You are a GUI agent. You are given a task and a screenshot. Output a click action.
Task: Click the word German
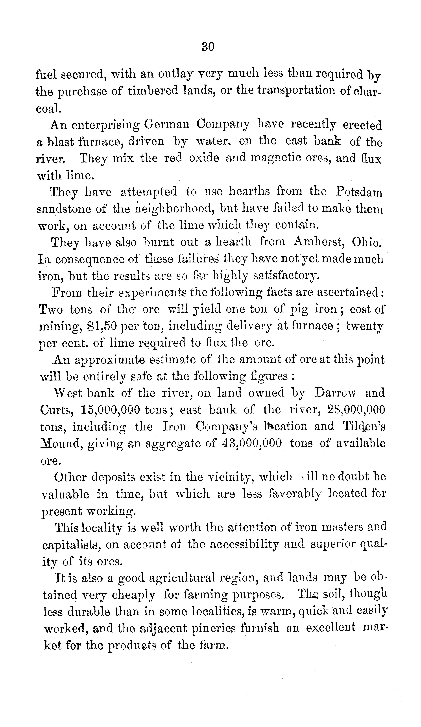coord(166,125)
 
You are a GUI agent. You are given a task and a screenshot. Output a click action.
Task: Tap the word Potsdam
coord(359,192)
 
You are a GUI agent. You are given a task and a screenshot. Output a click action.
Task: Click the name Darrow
coord(335,393)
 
